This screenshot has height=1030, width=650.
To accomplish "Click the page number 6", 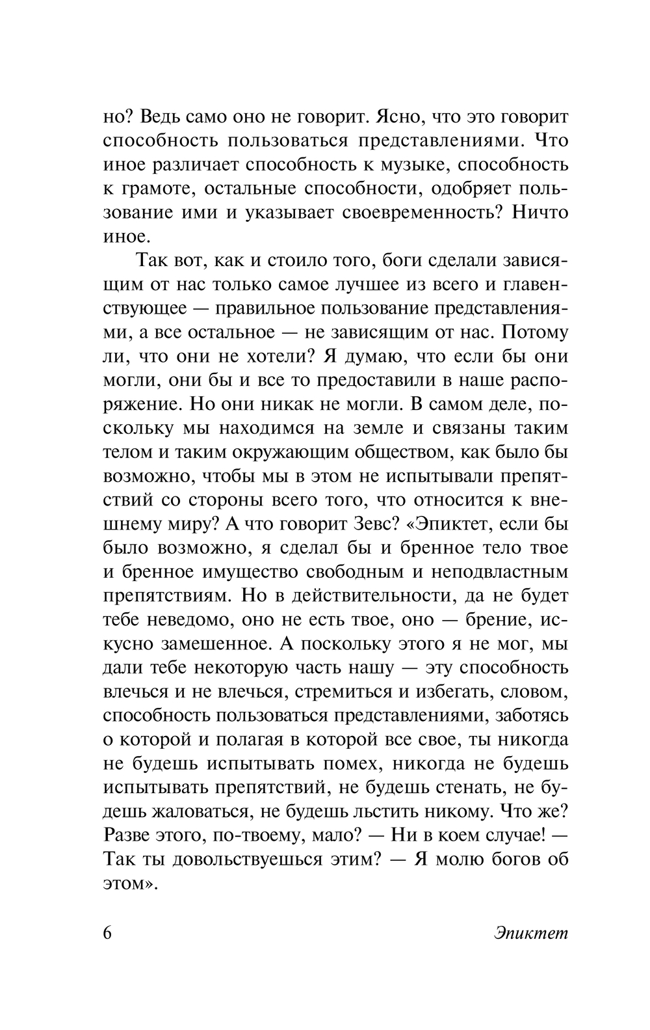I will (109, 933).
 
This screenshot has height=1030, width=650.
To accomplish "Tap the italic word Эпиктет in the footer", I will (530, 933).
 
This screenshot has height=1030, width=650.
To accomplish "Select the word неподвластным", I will (498, 572).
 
